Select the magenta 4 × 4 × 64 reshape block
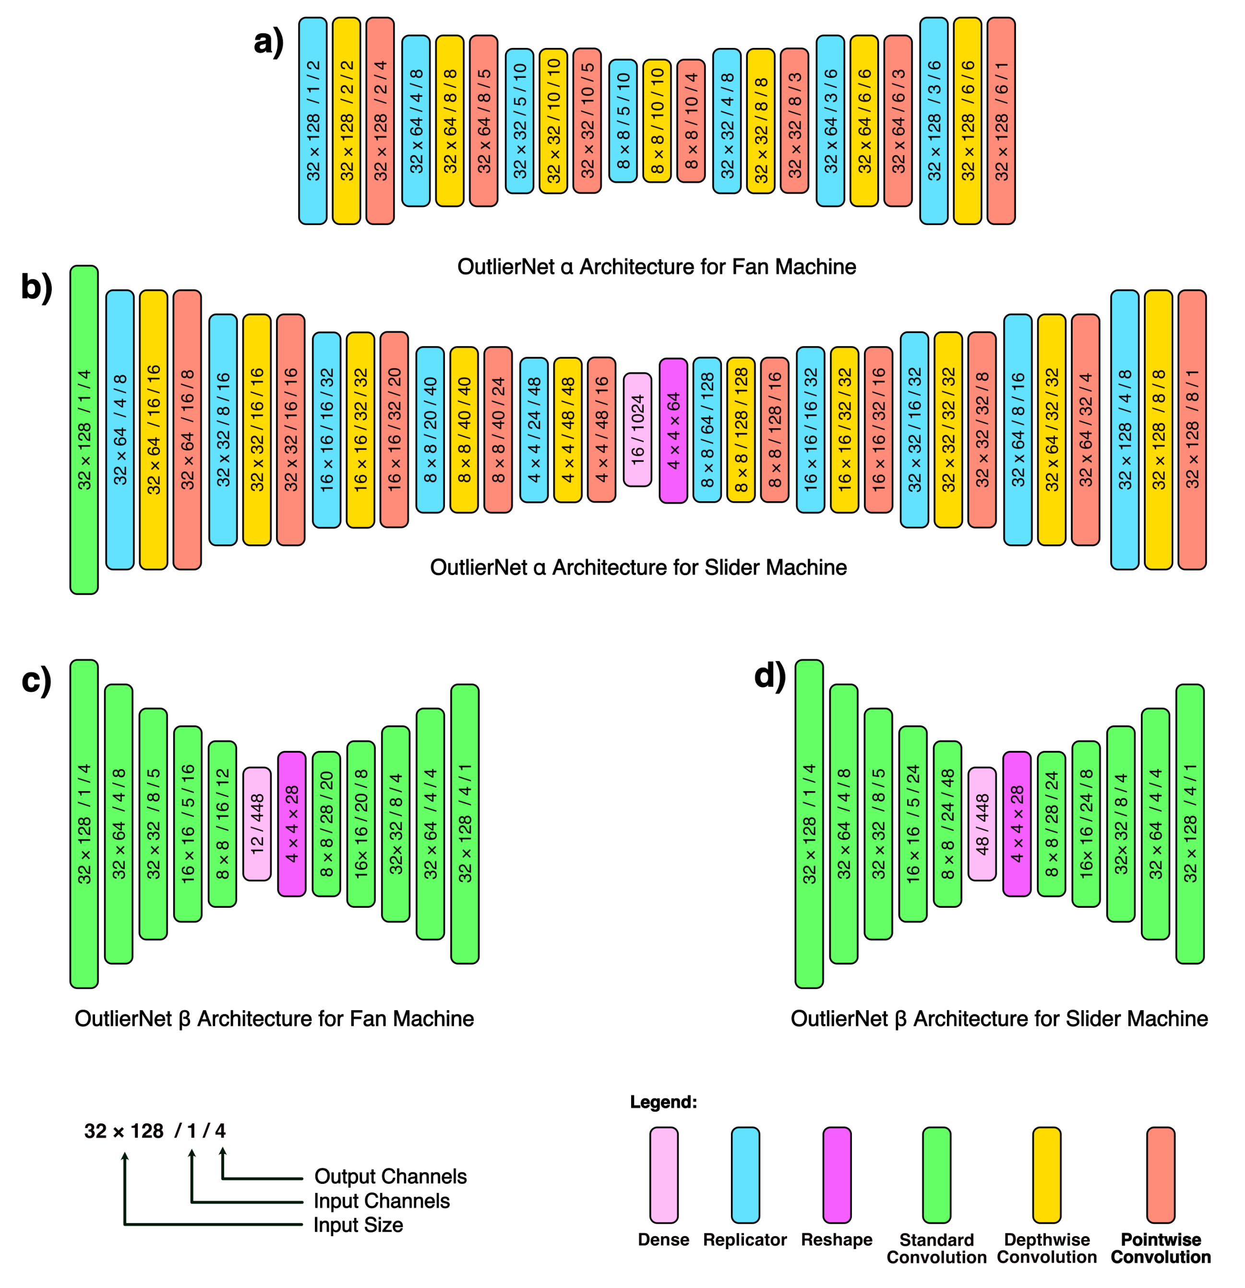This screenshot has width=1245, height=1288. pos(673,431)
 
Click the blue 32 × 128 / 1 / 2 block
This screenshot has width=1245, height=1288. pos(313,121)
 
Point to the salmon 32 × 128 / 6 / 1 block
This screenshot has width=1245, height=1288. pos(1001,121)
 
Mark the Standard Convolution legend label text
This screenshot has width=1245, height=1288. pos(936,1248)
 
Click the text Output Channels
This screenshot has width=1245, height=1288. pos(390,1176)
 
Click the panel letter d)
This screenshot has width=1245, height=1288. pos(769,676)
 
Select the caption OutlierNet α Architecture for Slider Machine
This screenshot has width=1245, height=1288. pos(638,567)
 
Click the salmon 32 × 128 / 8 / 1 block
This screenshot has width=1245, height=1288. pos(1192,430)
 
